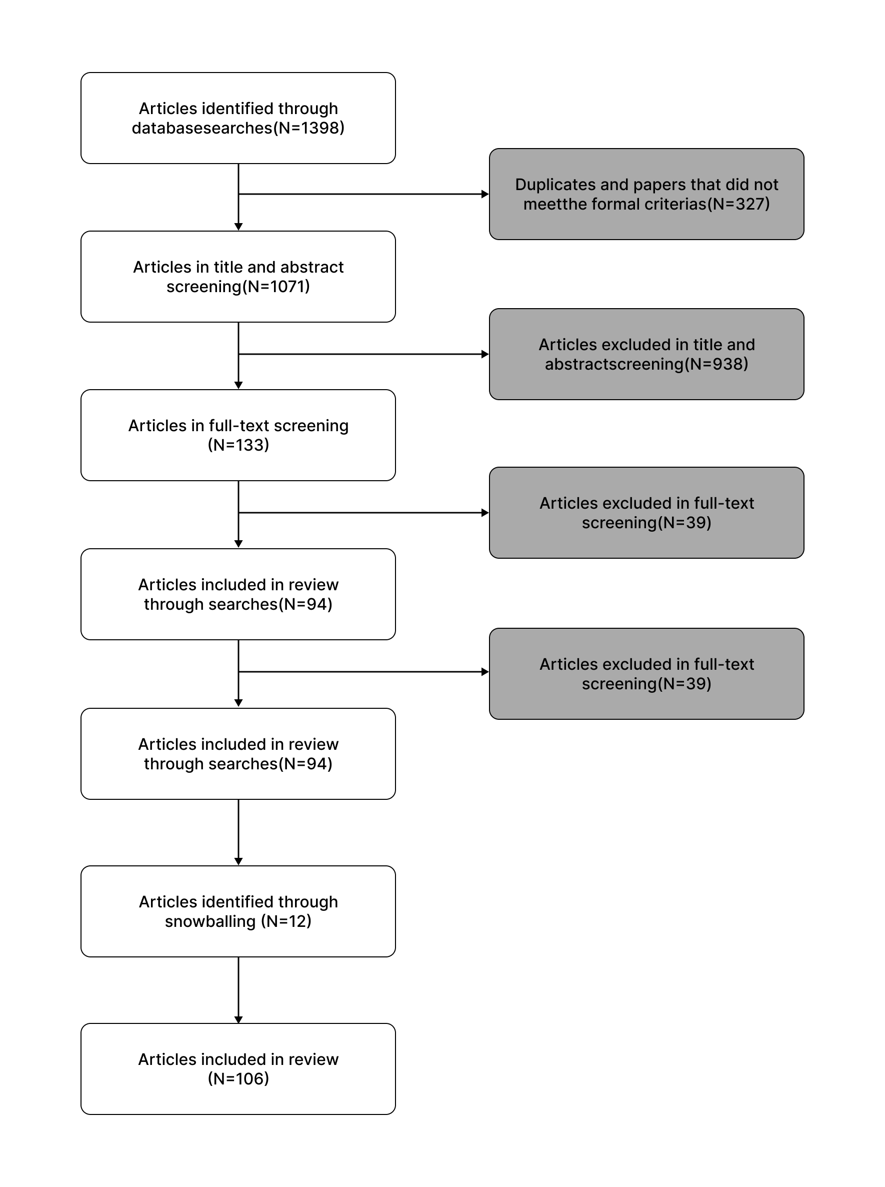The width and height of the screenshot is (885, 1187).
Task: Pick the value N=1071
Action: pos(276,287)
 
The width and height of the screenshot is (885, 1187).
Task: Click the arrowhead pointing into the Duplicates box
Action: pos(485,194)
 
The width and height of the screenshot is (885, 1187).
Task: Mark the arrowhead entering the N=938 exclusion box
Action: pos(485,354)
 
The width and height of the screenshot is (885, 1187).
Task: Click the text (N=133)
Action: pos(238,445)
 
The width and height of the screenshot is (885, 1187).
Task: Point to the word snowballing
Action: pos(210,921)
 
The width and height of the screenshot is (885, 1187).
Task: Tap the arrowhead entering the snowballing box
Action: pos(238,861)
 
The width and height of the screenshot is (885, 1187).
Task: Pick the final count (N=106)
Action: pos(238,1079)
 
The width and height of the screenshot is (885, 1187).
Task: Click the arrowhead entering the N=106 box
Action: pos(238,1019)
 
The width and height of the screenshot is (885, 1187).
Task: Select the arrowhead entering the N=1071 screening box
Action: pos(238,227)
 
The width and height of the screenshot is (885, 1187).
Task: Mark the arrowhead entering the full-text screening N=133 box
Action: pos(238,385)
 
